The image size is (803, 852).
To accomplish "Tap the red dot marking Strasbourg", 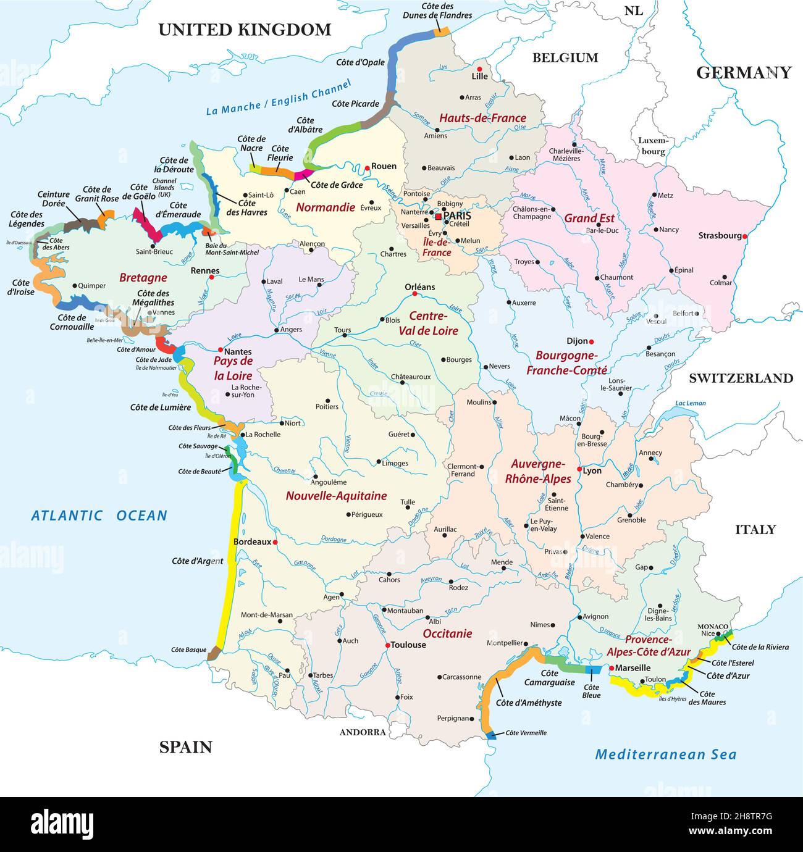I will (745, 236).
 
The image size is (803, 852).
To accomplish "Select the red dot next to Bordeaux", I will (275, 543).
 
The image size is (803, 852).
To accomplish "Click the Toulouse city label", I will (408, 645).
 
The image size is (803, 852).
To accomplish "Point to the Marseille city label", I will (633, 667).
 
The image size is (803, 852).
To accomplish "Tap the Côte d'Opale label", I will (360, 62).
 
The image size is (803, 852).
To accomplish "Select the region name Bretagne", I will (143, 278).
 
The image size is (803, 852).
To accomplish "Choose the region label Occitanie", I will (447, 633).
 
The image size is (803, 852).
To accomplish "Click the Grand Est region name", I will (589, 218).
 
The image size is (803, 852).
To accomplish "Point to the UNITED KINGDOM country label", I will (245, 30).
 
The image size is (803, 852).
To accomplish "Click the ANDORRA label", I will (363, 732).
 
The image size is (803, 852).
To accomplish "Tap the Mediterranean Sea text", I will (665, 754).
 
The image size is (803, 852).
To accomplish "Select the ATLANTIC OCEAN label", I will (99, 516).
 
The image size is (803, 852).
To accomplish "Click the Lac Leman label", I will (690, 403).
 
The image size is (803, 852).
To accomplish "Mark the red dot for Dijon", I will (591, 341).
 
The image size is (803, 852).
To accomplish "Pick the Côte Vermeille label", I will (526, 733).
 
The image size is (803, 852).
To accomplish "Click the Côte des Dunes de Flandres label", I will (437, 11).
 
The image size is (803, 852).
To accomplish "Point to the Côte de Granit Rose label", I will (97, 194).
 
